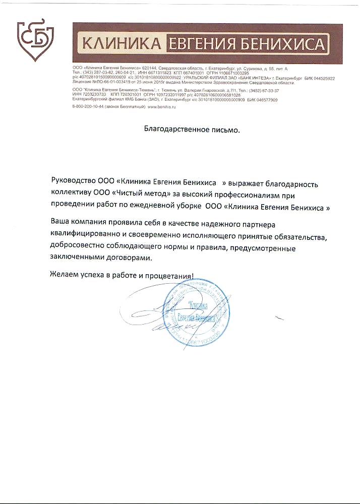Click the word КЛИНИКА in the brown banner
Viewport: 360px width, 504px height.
[x=120, y=45]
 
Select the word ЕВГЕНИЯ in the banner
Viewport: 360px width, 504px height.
[x=204, y=45]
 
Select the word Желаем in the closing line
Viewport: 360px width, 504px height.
[x=65, y=277]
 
